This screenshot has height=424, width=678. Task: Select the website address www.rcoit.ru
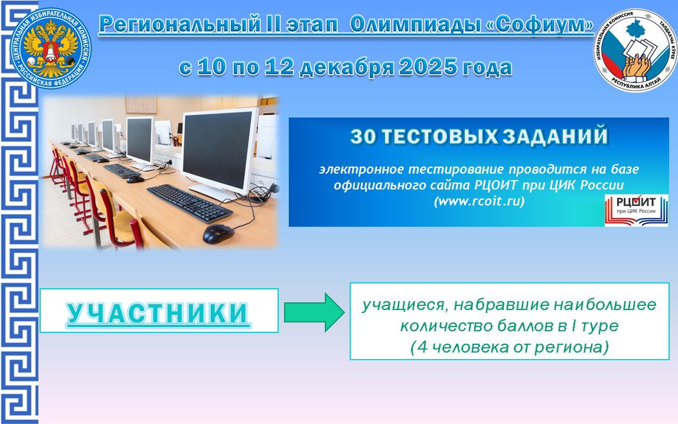point(479,201)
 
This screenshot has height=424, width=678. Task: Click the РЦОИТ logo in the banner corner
point(636,210)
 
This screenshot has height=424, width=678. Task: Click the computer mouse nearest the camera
point(218,234)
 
